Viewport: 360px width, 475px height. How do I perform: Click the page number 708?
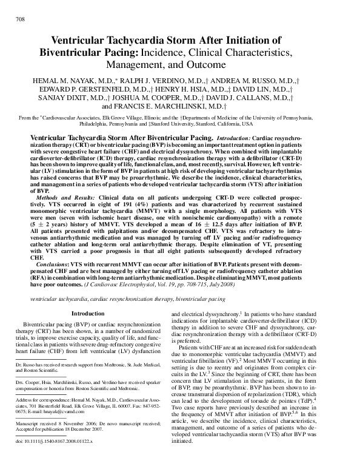(19, 19)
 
